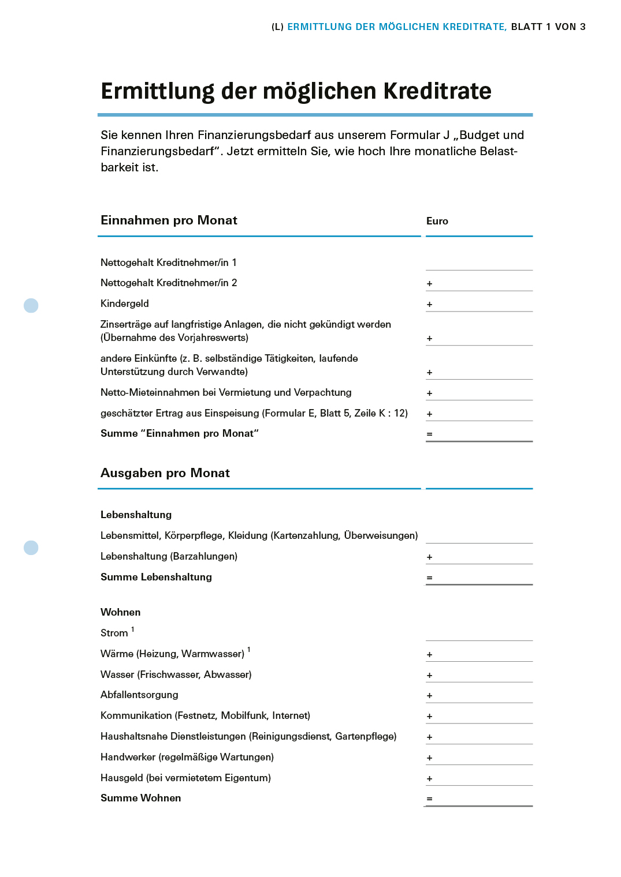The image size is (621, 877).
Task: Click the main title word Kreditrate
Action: pyautogui.click(x=437, y=91)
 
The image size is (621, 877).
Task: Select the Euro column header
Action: pyautogui.click(x=437, y=221)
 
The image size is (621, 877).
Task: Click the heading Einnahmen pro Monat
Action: pyautogui.click(x=169, y=220)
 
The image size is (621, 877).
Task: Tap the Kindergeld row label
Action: pyautogui.click(x=125, y=303)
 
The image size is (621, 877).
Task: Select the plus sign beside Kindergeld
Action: pyautogui.click(x=429, y=305)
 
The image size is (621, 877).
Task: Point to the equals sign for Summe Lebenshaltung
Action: pyautogui.click(x=429, y=578)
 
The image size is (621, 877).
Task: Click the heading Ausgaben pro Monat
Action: pyautogui.click(x=165, y=473)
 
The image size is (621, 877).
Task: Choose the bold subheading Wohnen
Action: pyautogui.click(x=120, y=612)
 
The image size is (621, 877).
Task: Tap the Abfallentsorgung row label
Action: pyautogui.click(x=139, y=695)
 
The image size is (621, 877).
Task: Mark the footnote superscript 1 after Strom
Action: pyautogui.click(x=133, y=629)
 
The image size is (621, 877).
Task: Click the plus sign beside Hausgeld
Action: pyautogui.click(x=429, y=779)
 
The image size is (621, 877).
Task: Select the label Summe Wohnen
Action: pyautogui.click(x=140, y=798)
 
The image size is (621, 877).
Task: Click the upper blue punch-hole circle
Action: pyautogui.click(x=31, y=305)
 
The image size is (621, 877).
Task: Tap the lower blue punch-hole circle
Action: pyautogui.click(x=31, y=548)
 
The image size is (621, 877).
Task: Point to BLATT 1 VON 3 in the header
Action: pyautogui.click(x=548, y=27)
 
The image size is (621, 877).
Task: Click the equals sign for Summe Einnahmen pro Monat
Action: pyautogui.click(x=429, y=434)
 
